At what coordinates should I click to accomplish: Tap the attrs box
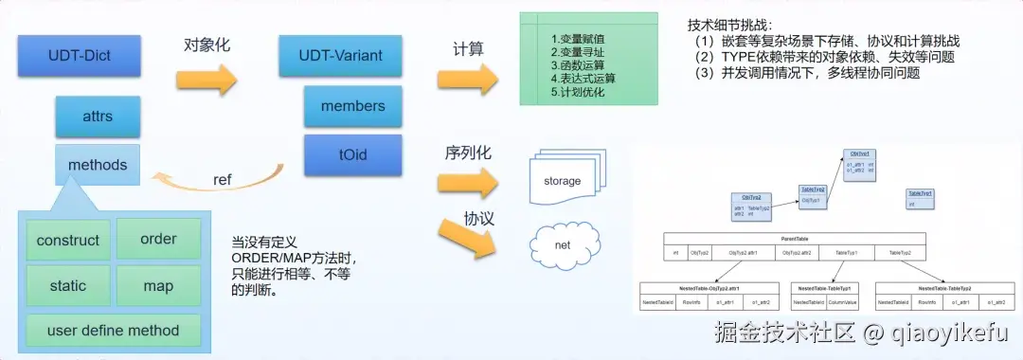point(98,117)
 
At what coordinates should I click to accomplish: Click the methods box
point(98,165)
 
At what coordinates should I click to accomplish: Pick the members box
point(352,106)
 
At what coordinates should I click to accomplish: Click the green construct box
point(67,240)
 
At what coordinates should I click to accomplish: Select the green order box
point(158,239)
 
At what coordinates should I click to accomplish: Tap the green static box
point(67,285)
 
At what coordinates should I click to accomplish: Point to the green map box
point(158,285)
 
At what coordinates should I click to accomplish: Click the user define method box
point(113,331)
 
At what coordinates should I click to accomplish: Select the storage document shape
point(563,178)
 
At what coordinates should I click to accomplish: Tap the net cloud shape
point(562,245)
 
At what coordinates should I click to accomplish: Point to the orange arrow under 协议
point(470,239)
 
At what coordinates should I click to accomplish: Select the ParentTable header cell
point(794,239)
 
